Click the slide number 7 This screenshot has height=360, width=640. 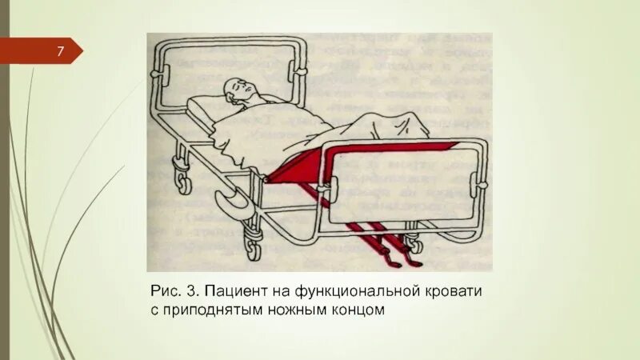tap(60, 53)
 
